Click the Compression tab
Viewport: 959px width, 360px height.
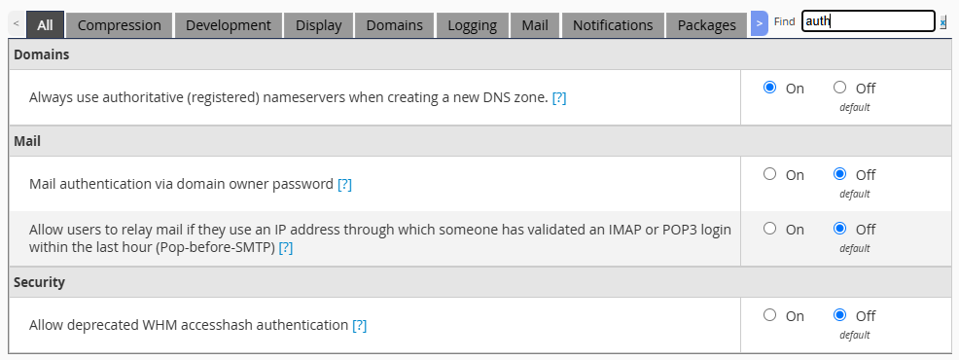click(x=120, y=25)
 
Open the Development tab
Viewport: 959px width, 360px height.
click(x=229, y=25)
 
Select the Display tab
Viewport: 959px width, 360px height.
click(x=319, y=25)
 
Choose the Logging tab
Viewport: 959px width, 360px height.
click(x=472, y=25)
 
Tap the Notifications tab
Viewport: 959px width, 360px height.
click(x=613, y=25)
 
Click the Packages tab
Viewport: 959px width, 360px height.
click(x=706, y=25)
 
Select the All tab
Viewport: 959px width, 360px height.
click(x=46, y=25)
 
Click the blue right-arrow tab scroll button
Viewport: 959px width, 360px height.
click(x=759, y=23)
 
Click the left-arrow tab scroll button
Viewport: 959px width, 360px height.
click(x=17, y=24)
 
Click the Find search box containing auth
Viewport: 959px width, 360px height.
click(x=868, y=21)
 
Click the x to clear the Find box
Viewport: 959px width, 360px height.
click(x=943, y=22)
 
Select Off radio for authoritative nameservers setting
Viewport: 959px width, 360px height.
click(x=839, y=88)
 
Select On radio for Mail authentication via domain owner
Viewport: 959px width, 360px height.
click(x=770, y=174)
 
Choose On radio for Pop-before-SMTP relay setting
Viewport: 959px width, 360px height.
click(x=770, y=229)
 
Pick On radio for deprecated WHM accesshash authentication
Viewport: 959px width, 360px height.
click(x=770, y=314)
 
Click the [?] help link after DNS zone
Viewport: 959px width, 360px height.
click(x=559, y=98)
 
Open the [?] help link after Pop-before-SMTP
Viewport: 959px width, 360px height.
click(x=286, y=248)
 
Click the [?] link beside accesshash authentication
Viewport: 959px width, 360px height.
click(x=359, y=325)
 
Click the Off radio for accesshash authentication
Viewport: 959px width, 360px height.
click(x=839, y=314)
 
